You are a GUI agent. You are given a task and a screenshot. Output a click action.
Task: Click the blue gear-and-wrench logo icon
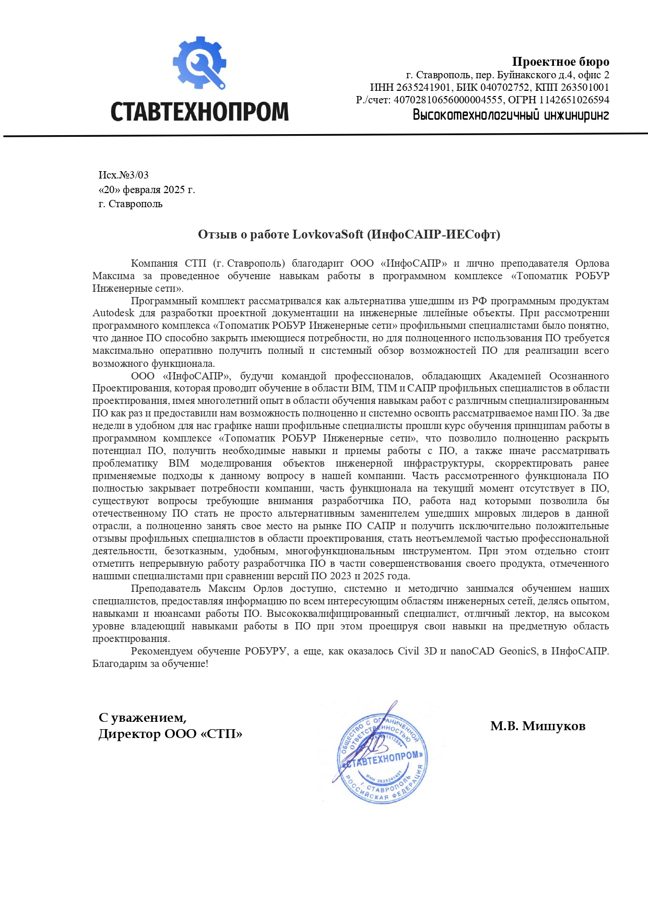tap(199, 63)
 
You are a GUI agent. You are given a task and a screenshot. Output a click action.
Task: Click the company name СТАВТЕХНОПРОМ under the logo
tap(199, 111)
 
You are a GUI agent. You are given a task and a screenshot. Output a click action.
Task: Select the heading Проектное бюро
tap(560, 62)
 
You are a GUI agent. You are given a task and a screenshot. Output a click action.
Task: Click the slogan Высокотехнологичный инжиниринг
tap(511, 114)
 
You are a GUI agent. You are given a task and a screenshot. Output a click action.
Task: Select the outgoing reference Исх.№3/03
tap(124, 175)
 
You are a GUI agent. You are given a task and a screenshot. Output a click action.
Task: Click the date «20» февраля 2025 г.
tap(147, 189)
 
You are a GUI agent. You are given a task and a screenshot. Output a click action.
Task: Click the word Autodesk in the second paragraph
tap(113, 313)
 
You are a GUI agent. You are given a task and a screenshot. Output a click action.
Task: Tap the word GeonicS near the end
tap(518, 651)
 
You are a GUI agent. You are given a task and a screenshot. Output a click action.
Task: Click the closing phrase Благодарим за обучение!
tap(150, 664)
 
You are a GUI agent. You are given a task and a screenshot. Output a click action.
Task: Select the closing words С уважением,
tap(143, 718)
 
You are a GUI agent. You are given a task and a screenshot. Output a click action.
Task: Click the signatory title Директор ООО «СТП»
tap(170, 734)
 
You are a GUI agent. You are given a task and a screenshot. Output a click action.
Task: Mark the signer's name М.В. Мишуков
tap(537, 726)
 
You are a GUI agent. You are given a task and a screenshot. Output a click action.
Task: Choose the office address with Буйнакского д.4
tap(508, 75)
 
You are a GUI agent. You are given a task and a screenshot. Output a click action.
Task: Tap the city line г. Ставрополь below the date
tap(131, 204)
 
